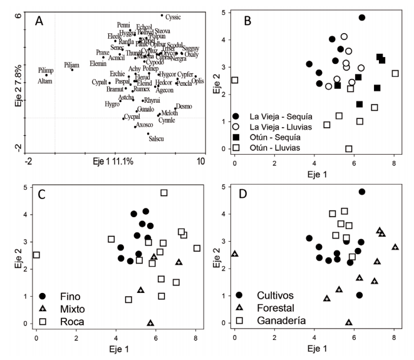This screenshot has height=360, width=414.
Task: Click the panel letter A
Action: [x=39, y=21]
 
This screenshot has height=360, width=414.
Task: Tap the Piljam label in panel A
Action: [x=72, y=64]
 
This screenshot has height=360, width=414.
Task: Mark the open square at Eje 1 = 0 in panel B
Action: [x=235, y=80]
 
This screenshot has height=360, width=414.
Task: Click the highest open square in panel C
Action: [x=164, y=193]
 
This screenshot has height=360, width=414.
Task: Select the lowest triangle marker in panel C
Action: [x=150, y=323]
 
